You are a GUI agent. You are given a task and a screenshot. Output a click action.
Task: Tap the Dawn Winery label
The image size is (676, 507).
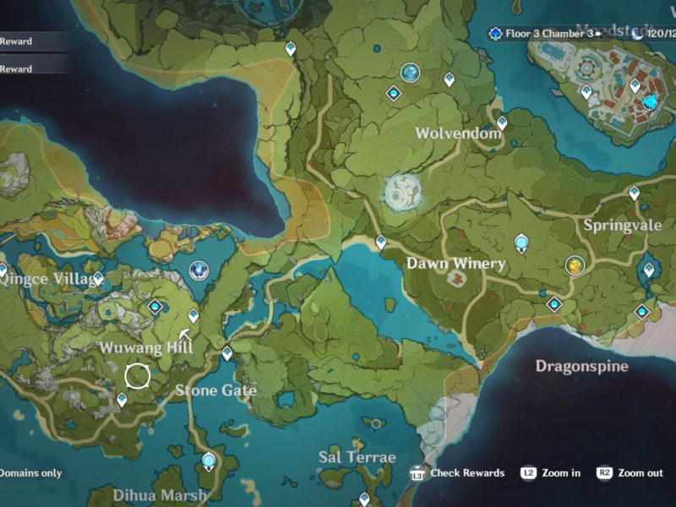(455, 264)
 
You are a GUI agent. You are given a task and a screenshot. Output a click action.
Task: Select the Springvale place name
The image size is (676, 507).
(621, 226)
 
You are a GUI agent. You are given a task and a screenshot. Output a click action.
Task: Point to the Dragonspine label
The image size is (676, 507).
(581, 366)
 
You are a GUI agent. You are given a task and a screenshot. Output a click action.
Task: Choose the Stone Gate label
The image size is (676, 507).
(215, 390)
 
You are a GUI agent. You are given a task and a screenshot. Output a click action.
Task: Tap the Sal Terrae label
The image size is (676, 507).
(357, 457)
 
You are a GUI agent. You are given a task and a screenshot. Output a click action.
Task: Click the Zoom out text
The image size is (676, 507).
(641, 473)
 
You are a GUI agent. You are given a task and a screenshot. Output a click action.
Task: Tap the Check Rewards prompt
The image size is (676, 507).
(467, 473)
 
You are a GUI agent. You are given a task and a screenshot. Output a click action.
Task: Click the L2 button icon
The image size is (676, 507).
(529, 473)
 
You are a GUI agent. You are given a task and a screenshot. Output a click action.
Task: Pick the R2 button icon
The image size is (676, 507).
(604, 473)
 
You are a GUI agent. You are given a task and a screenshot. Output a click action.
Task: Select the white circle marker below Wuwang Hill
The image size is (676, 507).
(138, 375)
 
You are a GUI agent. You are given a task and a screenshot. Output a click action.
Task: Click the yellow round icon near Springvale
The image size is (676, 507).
(575, 266)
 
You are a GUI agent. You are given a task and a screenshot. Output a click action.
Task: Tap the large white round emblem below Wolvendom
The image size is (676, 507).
(402, 193)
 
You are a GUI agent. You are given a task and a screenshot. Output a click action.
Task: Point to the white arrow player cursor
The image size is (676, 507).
(185, 335)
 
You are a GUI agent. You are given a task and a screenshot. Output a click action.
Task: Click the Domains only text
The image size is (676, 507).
(30, 473)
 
